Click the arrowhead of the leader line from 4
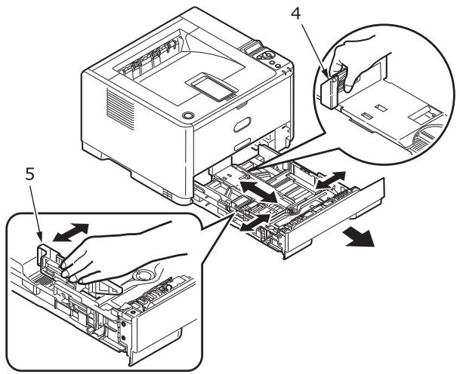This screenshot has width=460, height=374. [327, 75]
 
